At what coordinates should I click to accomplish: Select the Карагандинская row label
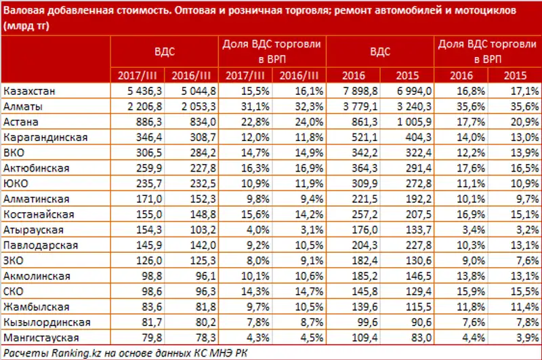45,137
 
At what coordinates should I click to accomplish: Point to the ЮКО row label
16,183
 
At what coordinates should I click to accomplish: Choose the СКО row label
16,291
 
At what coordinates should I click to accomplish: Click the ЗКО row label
16,260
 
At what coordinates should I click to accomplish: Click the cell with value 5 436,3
142,91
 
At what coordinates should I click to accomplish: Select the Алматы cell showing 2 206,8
142,106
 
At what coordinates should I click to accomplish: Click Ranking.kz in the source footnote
72,351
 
